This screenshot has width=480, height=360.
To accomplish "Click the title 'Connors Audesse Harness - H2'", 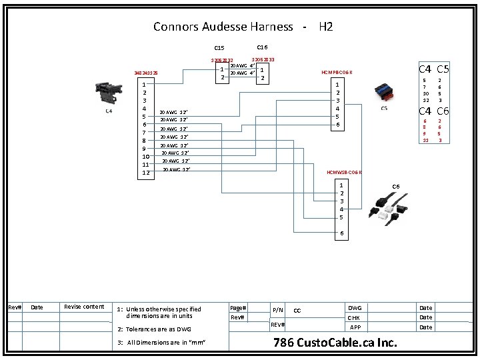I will (x=243, y=27).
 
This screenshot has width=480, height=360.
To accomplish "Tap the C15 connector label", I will (x=219, y=48).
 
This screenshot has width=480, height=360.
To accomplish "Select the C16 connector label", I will (x=262, y=47).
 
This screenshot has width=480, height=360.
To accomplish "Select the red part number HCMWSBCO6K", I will (x=344, y=172).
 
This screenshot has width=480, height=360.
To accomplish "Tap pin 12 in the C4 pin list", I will (x=144, y=173).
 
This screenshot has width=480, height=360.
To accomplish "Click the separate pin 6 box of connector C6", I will (x=342, y=234).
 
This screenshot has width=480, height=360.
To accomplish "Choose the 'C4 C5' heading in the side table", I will (x=433, y=69).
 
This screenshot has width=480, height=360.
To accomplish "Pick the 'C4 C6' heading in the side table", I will (x=433, y=111).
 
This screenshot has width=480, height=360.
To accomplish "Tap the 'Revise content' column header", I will (x=84, y=307).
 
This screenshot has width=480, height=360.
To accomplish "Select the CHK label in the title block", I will (x=355, y=318).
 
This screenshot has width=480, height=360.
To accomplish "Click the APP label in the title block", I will (x=355, y=327).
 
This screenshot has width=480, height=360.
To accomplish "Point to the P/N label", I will (x=278, y=310).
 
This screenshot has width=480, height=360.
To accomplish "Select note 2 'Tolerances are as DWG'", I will (x=154, y=329).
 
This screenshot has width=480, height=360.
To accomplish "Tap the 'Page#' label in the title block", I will (x=239, y=307).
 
